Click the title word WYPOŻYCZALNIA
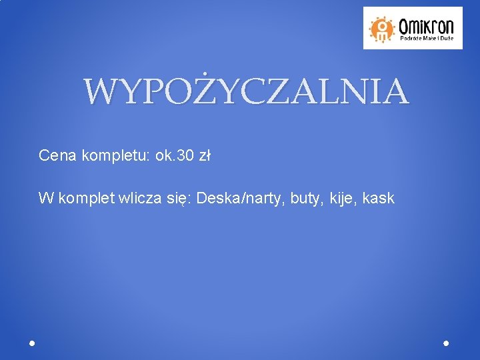tap(246, 92)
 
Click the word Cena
tap(57, 156)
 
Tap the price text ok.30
tap(175, 156)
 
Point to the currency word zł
tap(205, 156)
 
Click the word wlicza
tap(137, 198)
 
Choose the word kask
tap(380, 198)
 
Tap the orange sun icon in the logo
tap(382, 27)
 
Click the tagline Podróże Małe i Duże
tap(427, 39)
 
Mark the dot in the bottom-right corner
tap(446, 343)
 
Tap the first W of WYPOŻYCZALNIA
tap(100, 92)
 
